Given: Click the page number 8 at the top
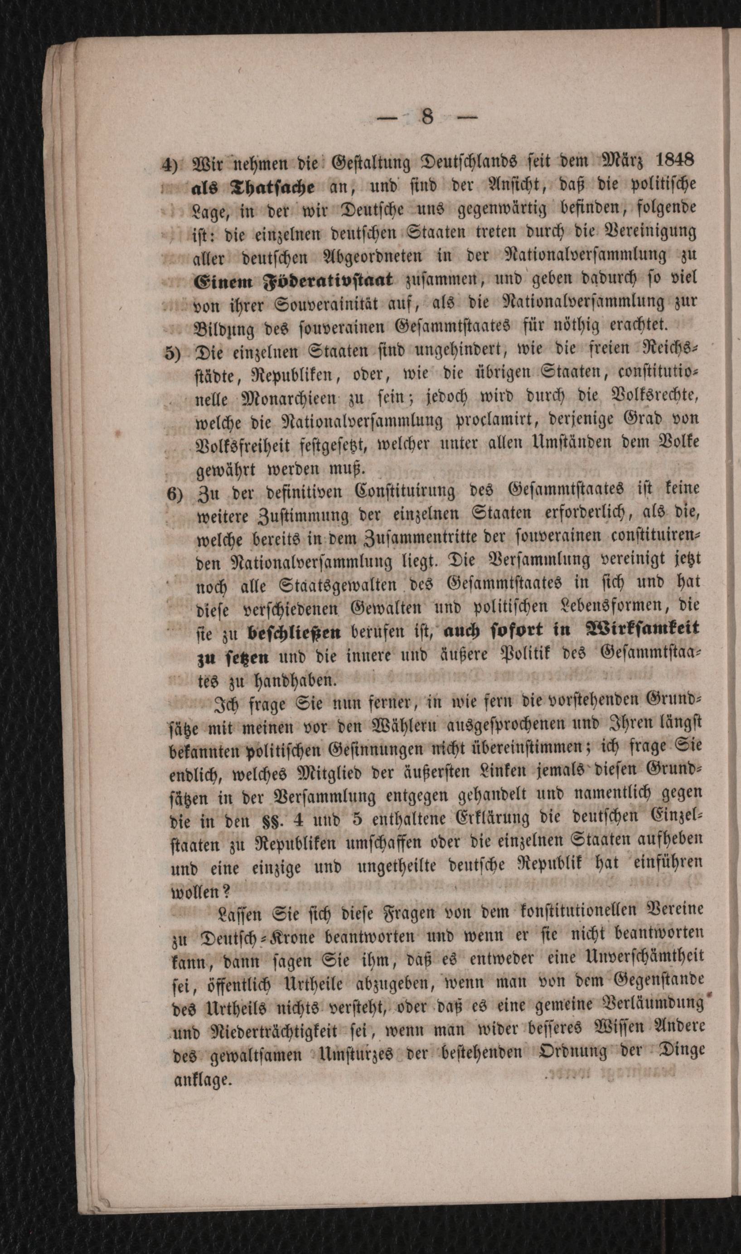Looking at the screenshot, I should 427,117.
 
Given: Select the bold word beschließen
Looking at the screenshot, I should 295,633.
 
